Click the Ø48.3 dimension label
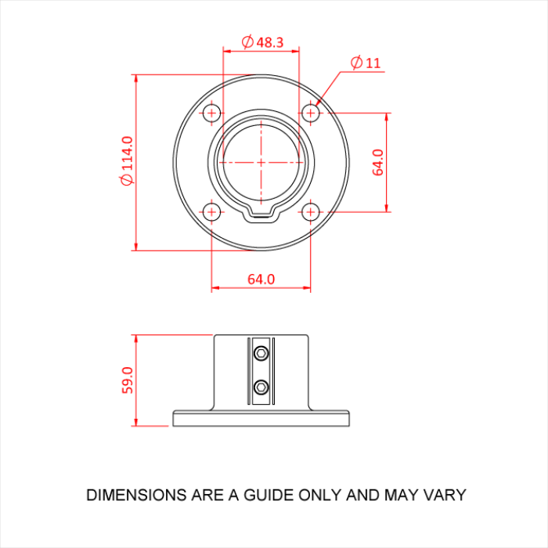tap(263, 42)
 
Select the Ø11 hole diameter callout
tap(366, 63)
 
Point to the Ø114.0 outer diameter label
tap(127, 161)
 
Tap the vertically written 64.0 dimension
tap(378, 162)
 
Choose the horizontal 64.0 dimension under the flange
tap(261, 279)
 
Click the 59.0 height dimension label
tap(128, 380)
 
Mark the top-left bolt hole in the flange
tap(211, 113)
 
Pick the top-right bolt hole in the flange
tap(311, 113)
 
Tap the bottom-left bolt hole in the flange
tap(211, 211)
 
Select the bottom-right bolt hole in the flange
tap(311, 211)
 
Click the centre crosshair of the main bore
tap(261, 162)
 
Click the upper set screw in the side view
tap(261, 355)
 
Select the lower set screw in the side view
tap(261, 386)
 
